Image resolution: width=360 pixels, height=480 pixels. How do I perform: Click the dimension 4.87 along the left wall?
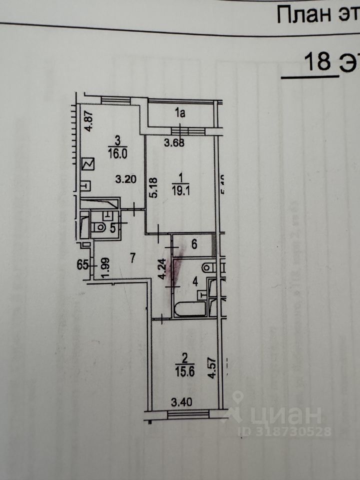click(x=89, y=121)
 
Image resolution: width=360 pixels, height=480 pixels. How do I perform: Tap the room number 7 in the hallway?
click(x=132, y=258)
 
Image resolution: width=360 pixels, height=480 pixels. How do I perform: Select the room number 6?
click(x=194, y=244)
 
